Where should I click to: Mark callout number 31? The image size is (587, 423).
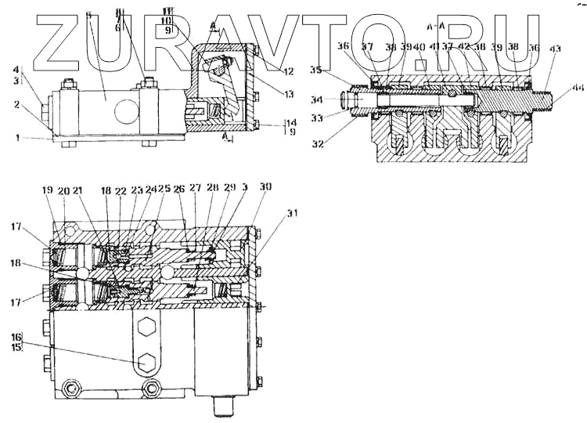271,214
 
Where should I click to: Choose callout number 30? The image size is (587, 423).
266,187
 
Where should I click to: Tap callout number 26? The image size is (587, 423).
179,189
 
